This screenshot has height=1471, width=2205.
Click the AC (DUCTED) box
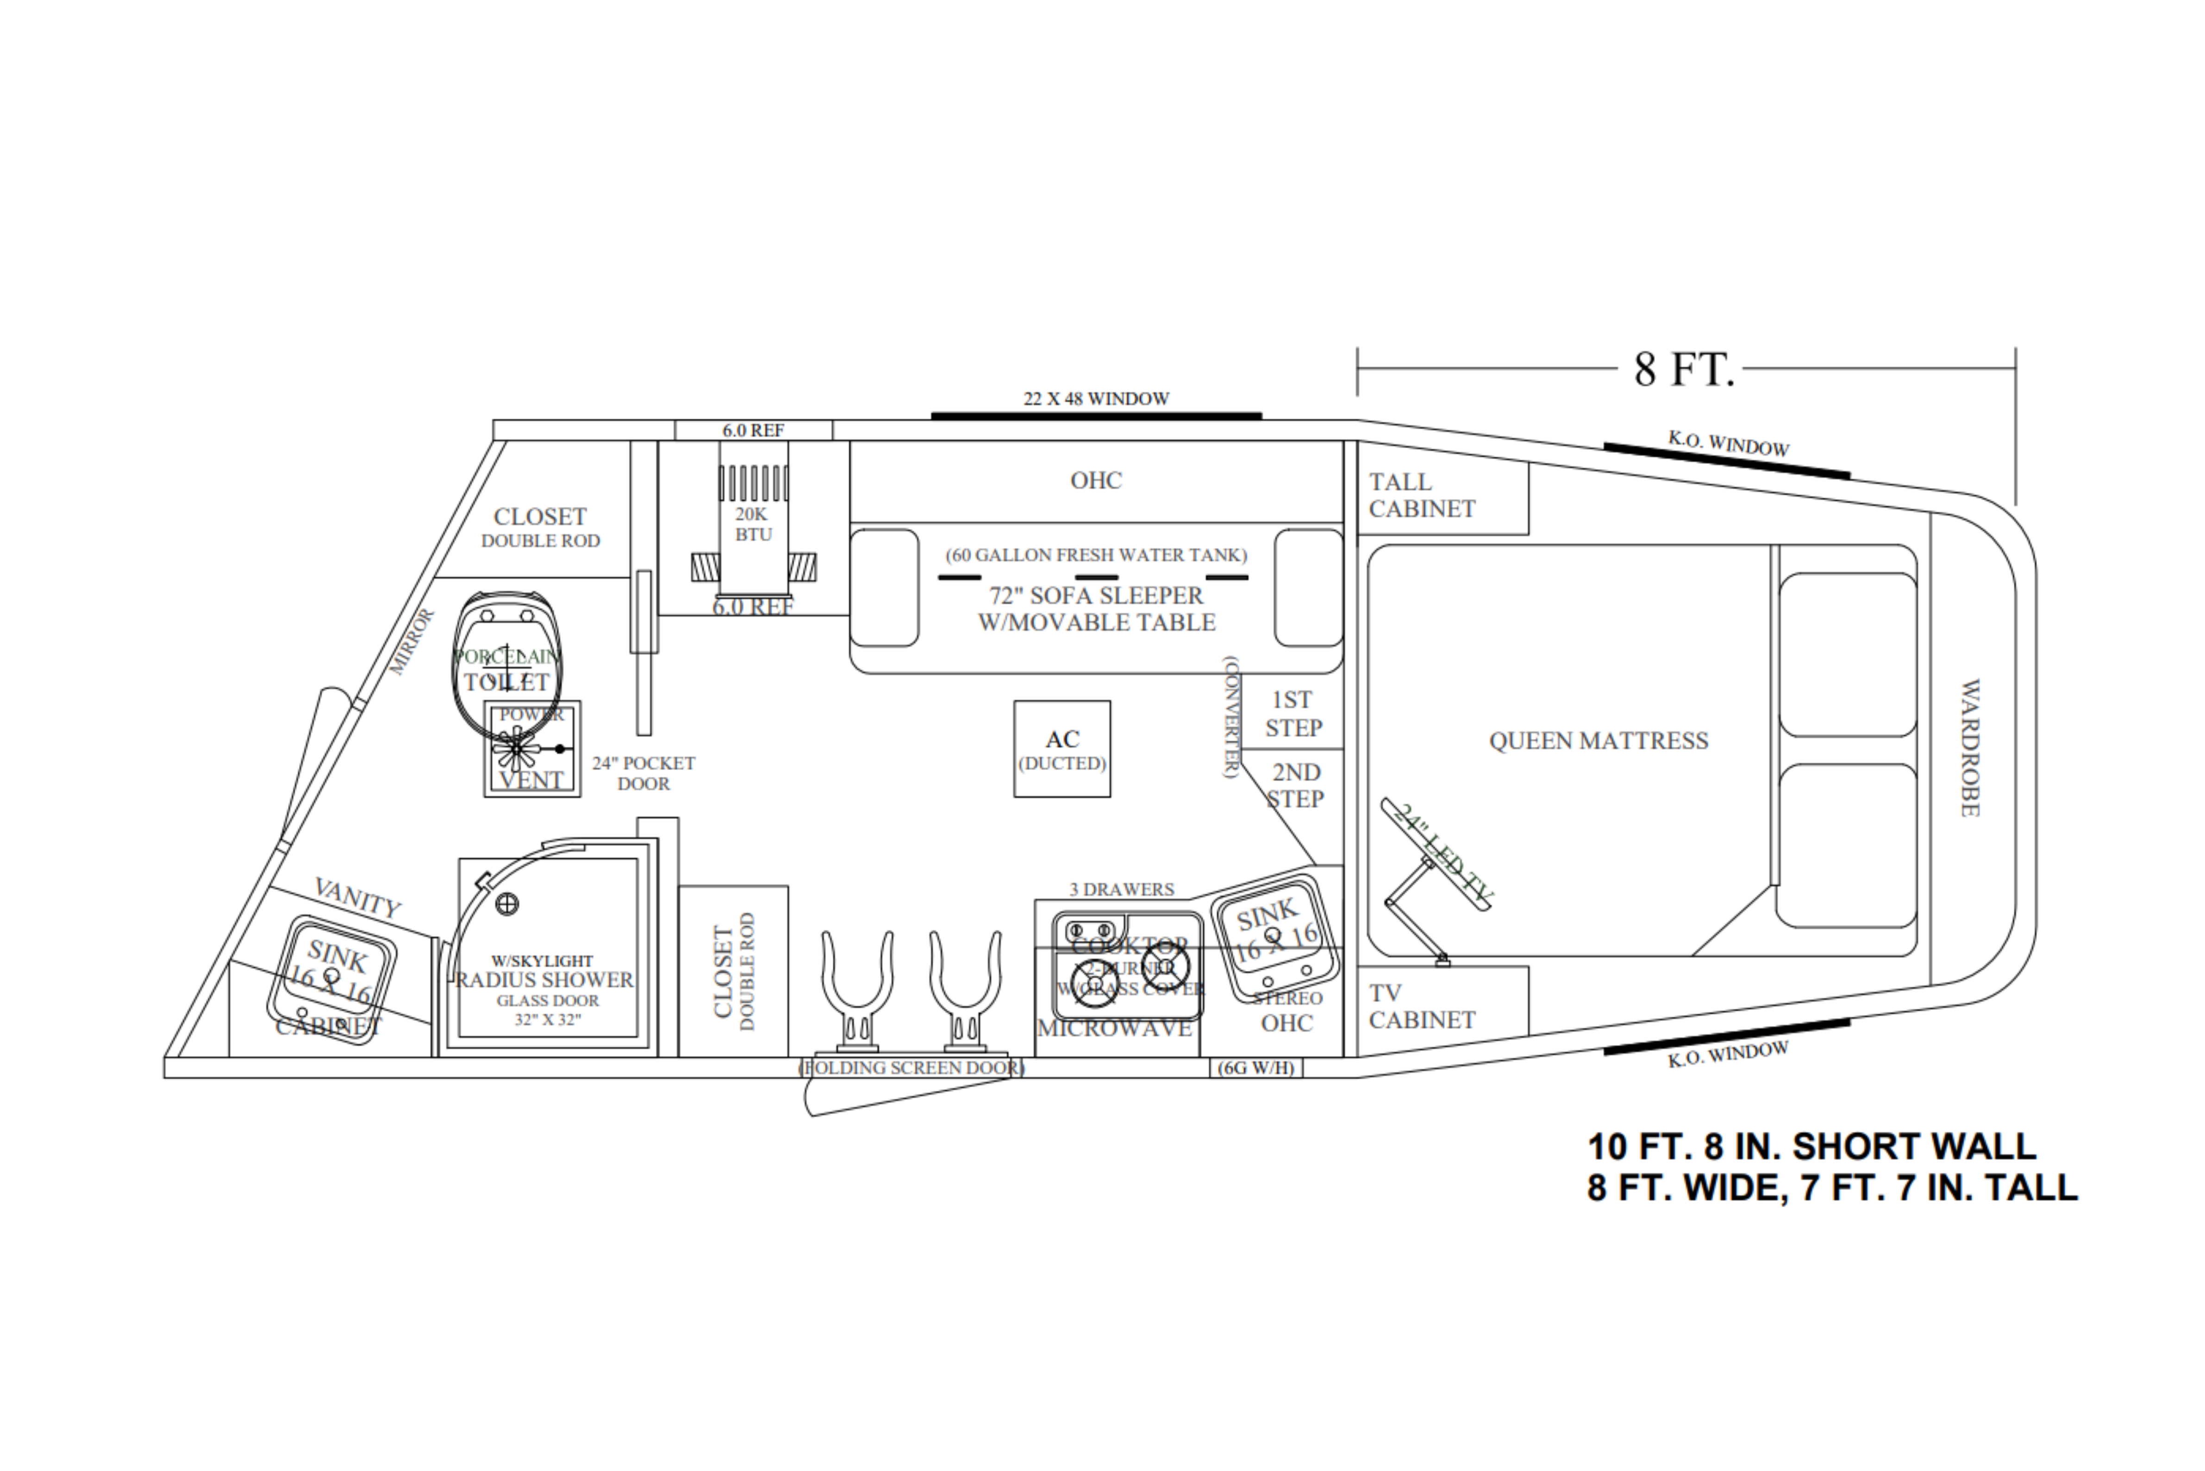[1062, 749]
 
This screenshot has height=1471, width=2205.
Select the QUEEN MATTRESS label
[1598, 741]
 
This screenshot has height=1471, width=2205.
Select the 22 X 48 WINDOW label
[1095, 399]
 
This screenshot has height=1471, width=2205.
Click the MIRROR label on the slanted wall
[412, 642]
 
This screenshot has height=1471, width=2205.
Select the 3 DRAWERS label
[1122, 889]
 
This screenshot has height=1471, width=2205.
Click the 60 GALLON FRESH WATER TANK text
[1095, 554]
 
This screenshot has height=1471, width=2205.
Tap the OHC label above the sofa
[1095, 480]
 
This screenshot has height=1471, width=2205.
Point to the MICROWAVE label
[1114, 1028]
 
